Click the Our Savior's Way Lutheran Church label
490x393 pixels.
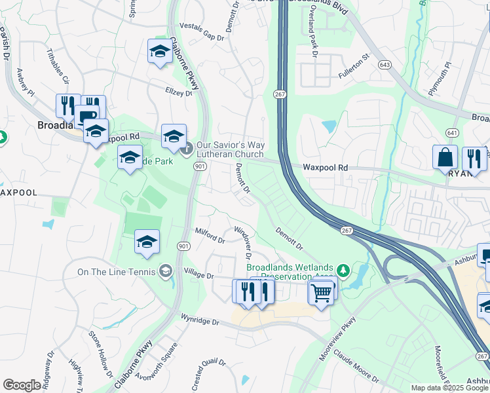pos(230,149)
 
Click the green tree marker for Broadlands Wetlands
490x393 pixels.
pos(342,270)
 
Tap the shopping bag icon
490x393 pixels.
pos(445,158)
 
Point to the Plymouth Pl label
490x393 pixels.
pos(440,79)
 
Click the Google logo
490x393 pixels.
pos(22,385)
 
